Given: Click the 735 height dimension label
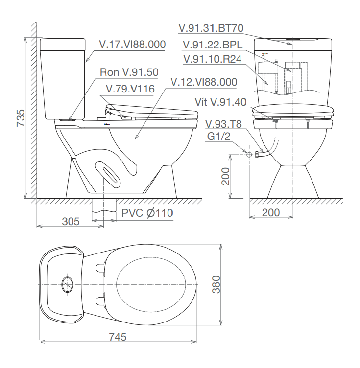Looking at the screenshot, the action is tap(21, 118).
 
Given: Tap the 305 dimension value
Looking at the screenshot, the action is tap(71, 221).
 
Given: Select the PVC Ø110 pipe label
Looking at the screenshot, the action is tap(147, 213).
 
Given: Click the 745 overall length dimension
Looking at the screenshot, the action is tap(118, 337).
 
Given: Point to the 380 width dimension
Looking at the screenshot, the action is tap(216, 285).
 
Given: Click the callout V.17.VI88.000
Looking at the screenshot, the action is tap(132, 45).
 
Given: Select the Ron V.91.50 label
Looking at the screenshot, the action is tap(129, 72).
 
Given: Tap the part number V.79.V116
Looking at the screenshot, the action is tap(130, 89).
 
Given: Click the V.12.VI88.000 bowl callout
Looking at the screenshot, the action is tap(204, 82).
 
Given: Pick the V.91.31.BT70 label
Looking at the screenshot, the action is tap(211, 28).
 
